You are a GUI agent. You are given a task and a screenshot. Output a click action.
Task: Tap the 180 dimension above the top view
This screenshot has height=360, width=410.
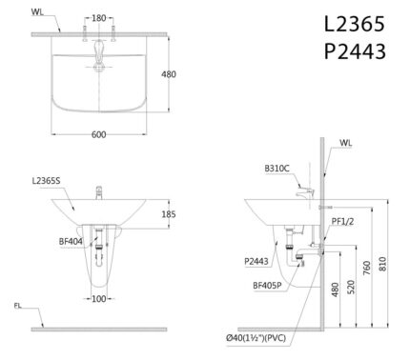click(x=99, y=17)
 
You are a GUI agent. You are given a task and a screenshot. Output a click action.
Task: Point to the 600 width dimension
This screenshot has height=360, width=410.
click(x=99, y=134)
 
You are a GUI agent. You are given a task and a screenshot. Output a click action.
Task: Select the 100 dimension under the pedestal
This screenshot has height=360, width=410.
click(x=99, y=299)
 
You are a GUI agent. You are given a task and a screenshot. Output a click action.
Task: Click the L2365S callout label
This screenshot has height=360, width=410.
click(x=46, y=180)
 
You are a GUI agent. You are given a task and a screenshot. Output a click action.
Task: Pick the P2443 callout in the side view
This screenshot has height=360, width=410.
click(x=256, y=260)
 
